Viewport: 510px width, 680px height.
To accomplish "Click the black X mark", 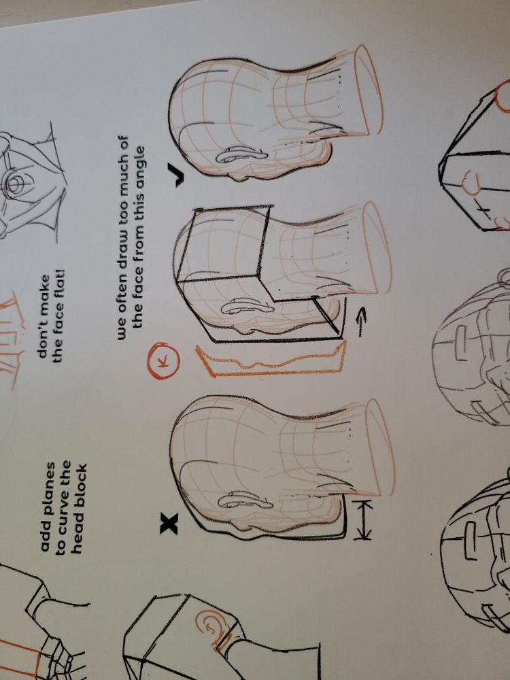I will click(169, 522).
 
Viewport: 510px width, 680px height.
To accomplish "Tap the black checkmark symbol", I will click(178, 176).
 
